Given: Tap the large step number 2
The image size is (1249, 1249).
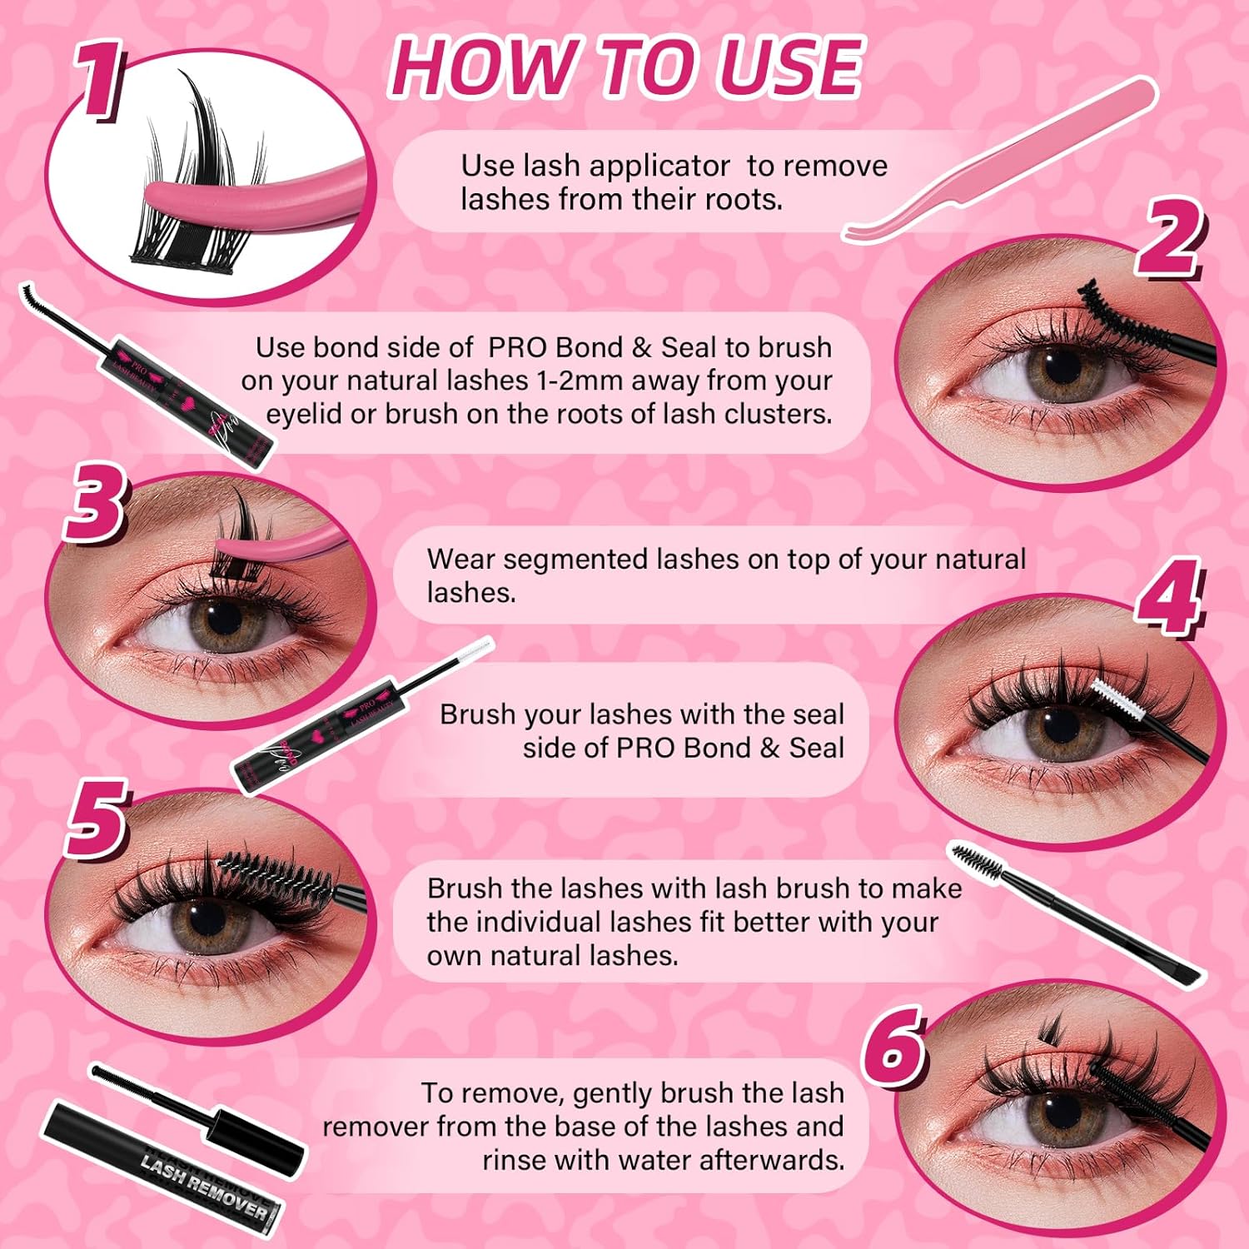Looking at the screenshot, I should click(1171, 238).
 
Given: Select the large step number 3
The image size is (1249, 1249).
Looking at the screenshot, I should click(95, 503).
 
